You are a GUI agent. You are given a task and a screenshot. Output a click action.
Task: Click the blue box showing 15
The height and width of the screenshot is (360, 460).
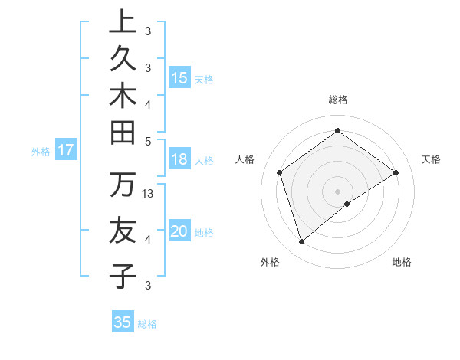pos(179,78)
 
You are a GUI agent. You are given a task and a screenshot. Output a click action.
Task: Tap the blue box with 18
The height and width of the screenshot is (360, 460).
pos(179,160)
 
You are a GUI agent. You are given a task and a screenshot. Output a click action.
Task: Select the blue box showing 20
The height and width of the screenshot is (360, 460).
pos(179,232)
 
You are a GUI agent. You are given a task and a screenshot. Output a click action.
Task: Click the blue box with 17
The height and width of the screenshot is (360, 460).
pos(66,151)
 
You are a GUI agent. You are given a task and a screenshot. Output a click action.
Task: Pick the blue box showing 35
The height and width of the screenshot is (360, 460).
pos(123,322)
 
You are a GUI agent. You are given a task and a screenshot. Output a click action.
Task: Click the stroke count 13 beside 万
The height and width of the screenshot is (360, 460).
pos(149,194)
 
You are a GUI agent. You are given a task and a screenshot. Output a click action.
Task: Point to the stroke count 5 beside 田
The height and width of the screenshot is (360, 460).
pos(148,141)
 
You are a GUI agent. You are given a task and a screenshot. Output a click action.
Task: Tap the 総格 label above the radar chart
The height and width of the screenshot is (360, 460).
pos(337,100)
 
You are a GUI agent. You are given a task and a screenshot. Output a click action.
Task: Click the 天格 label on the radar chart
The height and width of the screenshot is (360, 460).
pos(431,159)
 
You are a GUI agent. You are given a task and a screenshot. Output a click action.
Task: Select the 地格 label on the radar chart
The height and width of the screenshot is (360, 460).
pos(402,262)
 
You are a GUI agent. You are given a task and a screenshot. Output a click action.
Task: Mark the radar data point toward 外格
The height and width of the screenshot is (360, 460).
pos(301,242)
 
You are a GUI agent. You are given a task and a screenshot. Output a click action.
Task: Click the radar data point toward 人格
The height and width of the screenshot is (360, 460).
pos(280,172)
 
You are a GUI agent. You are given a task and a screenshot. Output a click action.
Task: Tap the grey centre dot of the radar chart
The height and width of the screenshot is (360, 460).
pos(337,191)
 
